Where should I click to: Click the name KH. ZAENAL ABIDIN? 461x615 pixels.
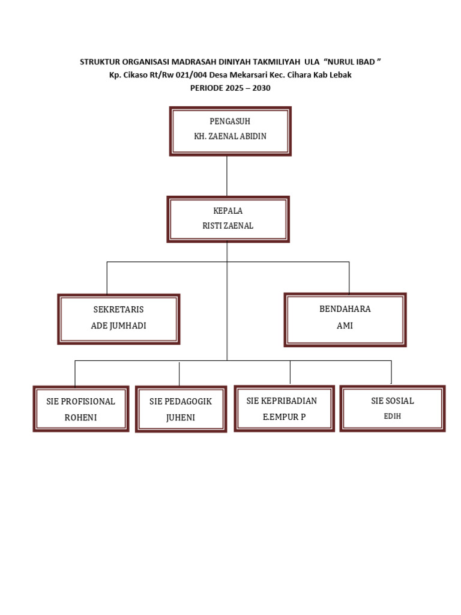(x=230, y=136)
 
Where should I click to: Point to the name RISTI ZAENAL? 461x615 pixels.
(x=228, y=226)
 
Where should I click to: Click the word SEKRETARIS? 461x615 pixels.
(x=118, y=310)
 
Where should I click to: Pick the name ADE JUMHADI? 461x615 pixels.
(x=118, y=326)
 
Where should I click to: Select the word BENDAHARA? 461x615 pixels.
(x=345, y=309)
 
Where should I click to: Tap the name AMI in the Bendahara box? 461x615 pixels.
(x=345, y=326)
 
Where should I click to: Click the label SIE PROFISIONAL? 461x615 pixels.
(x=80, y=401)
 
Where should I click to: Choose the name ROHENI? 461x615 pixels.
(x=80, y=417)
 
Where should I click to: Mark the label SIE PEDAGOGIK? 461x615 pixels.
(x=181, y=401)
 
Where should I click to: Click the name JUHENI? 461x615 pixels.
(x=181, y=417)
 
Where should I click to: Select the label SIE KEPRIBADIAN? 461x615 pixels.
(x=282, y=401)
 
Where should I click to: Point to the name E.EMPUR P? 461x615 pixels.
(x=285, y=416)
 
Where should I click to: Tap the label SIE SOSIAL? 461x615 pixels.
(x=393, y=401)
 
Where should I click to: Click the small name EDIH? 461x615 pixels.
(x=392, y=416)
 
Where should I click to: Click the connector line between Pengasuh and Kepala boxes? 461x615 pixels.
(x=227, y=176)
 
